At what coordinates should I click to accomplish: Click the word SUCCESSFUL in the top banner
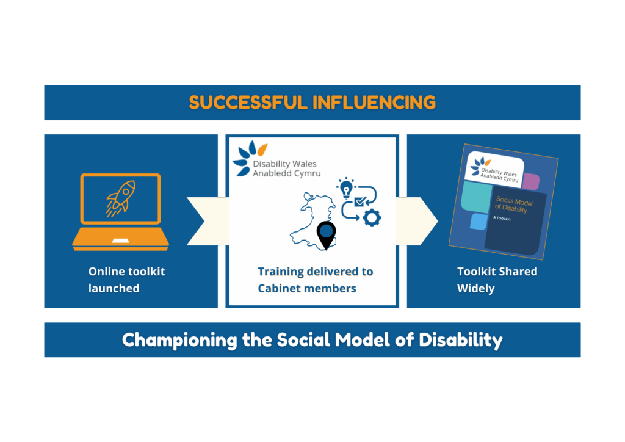tap(248, 103)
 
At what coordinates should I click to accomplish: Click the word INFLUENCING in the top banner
tap(374, 103)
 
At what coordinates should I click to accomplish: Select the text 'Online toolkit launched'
tap(126, 280)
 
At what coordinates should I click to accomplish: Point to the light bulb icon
tap(347, 186)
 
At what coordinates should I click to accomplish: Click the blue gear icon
tap(372, 217)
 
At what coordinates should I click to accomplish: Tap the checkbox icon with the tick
tap(360, 201)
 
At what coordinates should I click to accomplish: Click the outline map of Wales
tap(308, 220)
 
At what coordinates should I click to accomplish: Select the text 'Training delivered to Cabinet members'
tap(315, 280)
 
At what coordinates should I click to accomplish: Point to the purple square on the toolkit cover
tap(530, 181)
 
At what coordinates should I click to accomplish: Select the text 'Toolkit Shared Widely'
tap(497, 280)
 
